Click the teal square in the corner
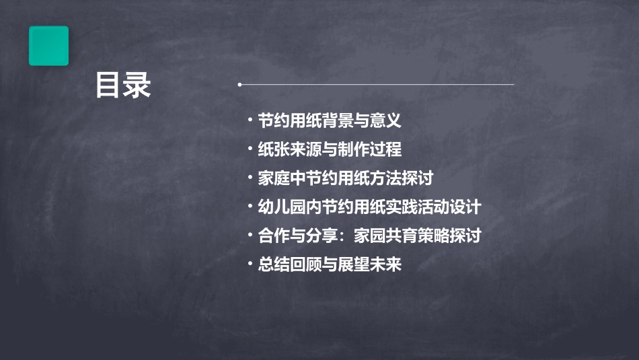pyautogui.click(x=48, y=46)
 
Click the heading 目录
pyautogui.click(x=122, y=86)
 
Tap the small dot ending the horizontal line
pyautogui.click(x=239, y=85)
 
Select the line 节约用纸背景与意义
pyautogui.click(x=330, y=120)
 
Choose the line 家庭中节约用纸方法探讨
pyautogui.click(x=345, y=178)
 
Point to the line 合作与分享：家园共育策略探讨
pyautogui.click(x=369, y=236)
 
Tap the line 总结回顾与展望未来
pyautogui.click(x=330, y=264)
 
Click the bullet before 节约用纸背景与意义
pyautogui.click(x=250, y=120)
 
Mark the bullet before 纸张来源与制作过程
pyautogui.click(x=250, y=149)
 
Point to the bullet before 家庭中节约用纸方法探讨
pyautogui.click(x=250, y=178)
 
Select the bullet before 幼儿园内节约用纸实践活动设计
pyautogui.click(x=250, y=207)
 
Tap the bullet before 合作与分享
pyautogui.click(x=250, y=236)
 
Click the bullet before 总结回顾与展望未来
pyautogui.click(x=250, y=264)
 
